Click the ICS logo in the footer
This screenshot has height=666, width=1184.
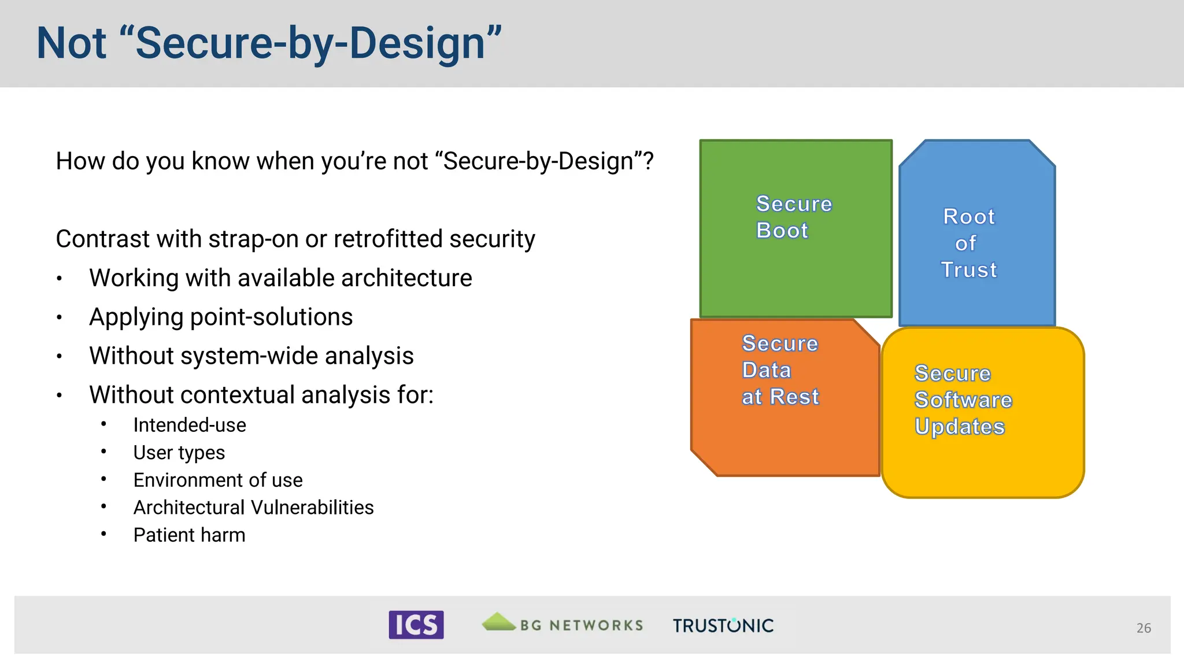(416, 625)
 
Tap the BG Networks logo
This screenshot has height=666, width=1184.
(563, 624)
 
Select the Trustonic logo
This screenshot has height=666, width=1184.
(723, 626)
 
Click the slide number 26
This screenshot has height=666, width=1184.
(1143, 628)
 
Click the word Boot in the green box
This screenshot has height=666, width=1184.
(782, 231)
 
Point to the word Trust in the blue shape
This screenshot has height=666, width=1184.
(969, 270)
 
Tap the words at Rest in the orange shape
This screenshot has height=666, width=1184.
(780, 397)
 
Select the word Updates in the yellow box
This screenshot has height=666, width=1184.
(959, 427)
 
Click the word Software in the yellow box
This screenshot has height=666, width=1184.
(963, 400)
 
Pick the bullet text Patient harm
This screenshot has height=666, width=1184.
(189, 535)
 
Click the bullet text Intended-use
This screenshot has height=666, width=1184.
(190, 425)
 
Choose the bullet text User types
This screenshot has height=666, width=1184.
(179, 453)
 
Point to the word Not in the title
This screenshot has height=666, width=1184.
(71, 43)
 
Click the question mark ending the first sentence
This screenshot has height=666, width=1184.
(649, 161)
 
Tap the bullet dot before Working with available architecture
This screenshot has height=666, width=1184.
(59, 279)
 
